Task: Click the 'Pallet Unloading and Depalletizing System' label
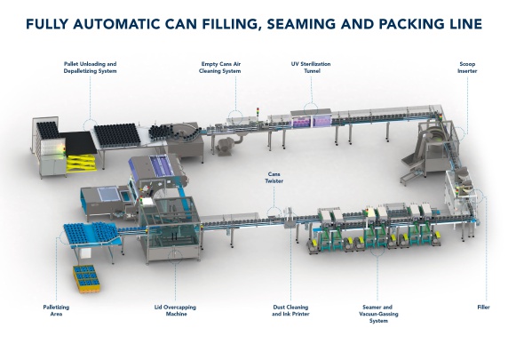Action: tap(90, 68)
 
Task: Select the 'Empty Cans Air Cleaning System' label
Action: tap(220, 68)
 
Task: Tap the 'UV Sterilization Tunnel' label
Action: tap(311, 68)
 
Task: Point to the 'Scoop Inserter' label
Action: tap(467, 68)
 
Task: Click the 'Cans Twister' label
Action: tap(274, 178)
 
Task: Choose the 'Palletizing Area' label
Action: tap(56, 310)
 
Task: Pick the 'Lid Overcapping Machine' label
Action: tap(175, 310)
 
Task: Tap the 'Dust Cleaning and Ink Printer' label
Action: tap(290, 310)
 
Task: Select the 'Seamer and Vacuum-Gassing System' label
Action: tap(378, 314)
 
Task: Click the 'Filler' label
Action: tap(483, 308)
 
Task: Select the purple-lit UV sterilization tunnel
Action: tap(311, 119)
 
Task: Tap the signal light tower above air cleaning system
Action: tap(258, 112)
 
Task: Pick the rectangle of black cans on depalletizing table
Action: tap(117, 135)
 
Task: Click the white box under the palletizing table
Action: tap(84, 253)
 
